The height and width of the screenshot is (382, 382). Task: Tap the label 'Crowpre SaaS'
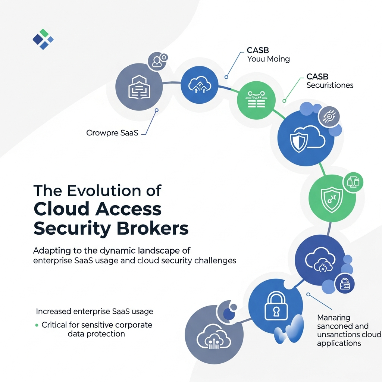pyautogui.click(x=112, y=133)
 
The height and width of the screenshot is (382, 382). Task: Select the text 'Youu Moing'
pyautogui.click(x=268, y=59)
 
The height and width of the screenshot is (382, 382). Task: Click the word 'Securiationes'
pyautogui.click(x=330, y=85)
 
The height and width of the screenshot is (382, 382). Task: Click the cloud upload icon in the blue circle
pyautogui.click(x=199, y=85)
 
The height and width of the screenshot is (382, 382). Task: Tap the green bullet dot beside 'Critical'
pyautogui.click(x=37, y=325)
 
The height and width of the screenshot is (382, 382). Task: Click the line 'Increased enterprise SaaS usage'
pyautogui.click(x=94, y=311)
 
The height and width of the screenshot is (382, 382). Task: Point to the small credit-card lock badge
pyautogui.click(x=344, y=284)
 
